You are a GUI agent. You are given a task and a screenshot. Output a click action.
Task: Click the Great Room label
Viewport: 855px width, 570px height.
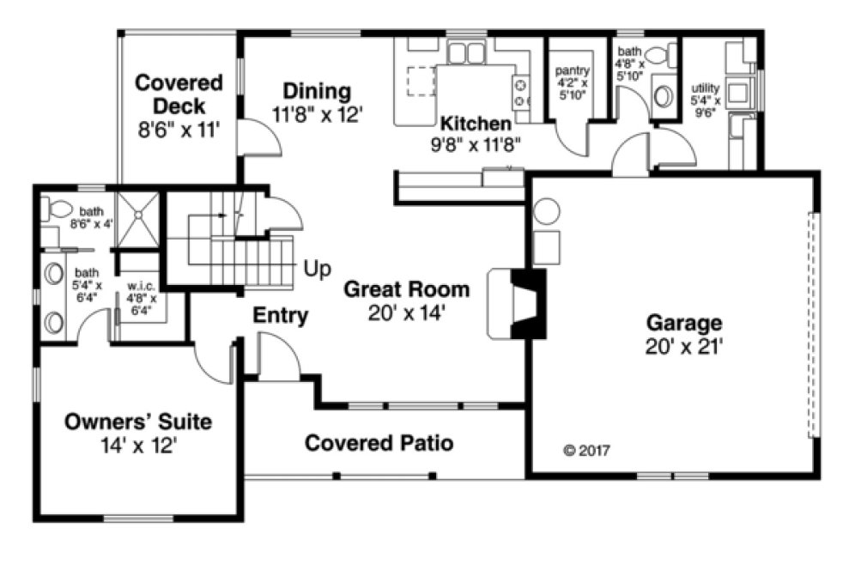tap(406, 288)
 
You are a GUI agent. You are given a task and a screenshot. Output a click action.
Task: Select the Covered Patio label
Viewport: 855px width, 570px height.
tap(379, 443)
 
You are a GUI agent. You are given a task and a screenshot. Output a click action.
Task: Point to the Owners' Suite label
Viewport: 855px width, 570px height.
tap(138, 422)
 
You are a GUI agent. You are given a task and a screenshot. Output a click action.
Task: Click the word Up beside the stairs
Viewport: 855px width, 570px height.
tap(318, 270)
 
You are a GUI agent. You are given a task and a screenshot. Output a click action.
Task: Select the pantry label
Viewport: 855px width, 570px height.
tap(571, 70)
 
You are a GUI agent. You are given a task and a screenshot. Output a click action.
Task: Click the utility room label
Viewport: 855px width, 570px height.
tap(705, 88)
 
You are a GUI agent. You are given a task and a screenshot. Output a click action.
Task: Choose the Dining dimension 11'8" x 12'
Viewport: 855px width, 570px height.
tap(318, 114)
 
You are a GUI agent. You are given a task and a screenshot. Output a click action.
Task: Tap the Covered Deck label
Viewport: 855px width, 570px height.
tap(179, 94)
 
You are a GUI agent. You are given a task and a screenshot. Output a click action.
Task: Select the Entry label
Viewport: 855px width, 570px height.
tap(280, 316)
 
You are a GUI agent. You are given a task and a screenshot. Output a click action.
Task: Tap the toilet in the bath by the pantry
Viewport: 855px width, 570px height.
tap(657, 57)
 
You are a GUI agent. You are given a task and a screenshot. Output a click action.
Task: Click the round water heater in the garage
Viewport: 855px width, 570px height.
tap(547, 210)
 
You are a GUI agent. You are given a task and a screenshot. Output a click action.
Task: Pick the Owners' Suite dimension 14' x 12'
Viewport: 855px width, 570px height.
tap(138, 446)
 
